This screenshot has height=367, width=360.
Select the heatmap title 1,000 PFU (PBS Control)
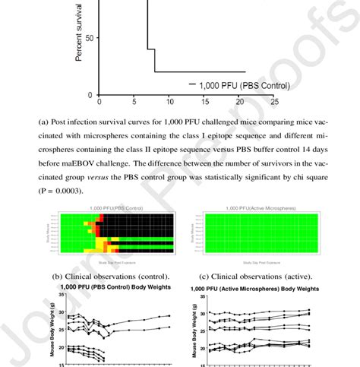pyautogui.click(x=119, y=207)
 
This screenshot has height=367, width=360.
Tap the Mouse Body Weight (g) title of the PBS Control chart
pyautogui.click(x=52, y=335)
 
